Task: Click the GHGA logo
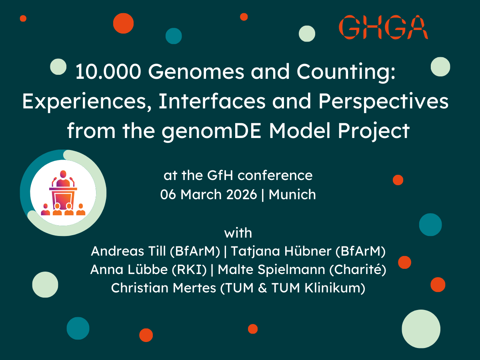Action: pyautogui.click(x=383, y=27)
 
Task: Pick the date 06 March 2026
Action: pyautogui.click(x=208, y=195)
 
